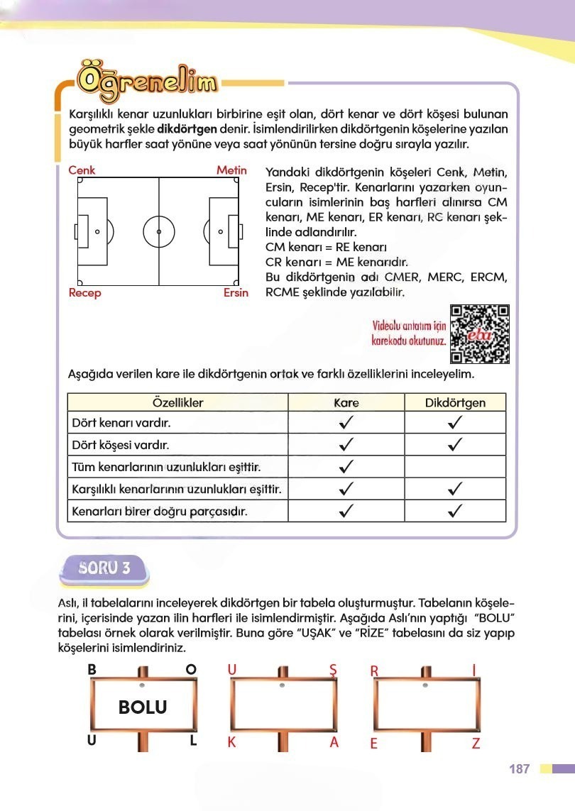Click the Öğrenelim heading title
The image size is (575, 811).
point(147,84)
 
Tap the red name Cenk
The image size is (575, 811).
point(82,170)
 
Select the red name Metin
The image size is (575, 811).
point(231,170)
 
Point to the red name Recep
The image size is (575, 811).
point(84,293)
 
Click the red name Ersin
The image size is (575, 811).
point(234,293)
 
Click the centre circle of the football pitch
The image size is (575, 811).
point(158,232)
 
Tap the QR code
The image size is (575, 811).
point(481,333)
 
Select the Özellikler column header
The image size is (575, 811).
point(177,402)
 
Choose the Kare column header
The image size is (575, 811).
point(346,402)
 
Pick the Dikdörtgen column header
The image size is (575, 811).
point(455,402)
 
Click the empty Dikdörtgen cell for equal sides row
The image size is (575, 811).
point(455,468)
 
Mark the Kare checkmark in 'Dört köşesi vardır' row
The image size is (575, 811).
point(346,446)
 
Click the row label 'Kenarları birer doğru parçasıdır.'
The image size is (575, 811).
point(160,511)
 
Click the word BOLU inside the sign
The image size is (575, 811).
point(143,707)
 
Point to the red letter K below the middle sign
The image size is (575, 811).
point(231,743)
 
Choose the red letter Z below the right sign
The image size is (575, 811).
point(476,743)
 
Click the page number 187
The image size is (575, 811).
point(520,769)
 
